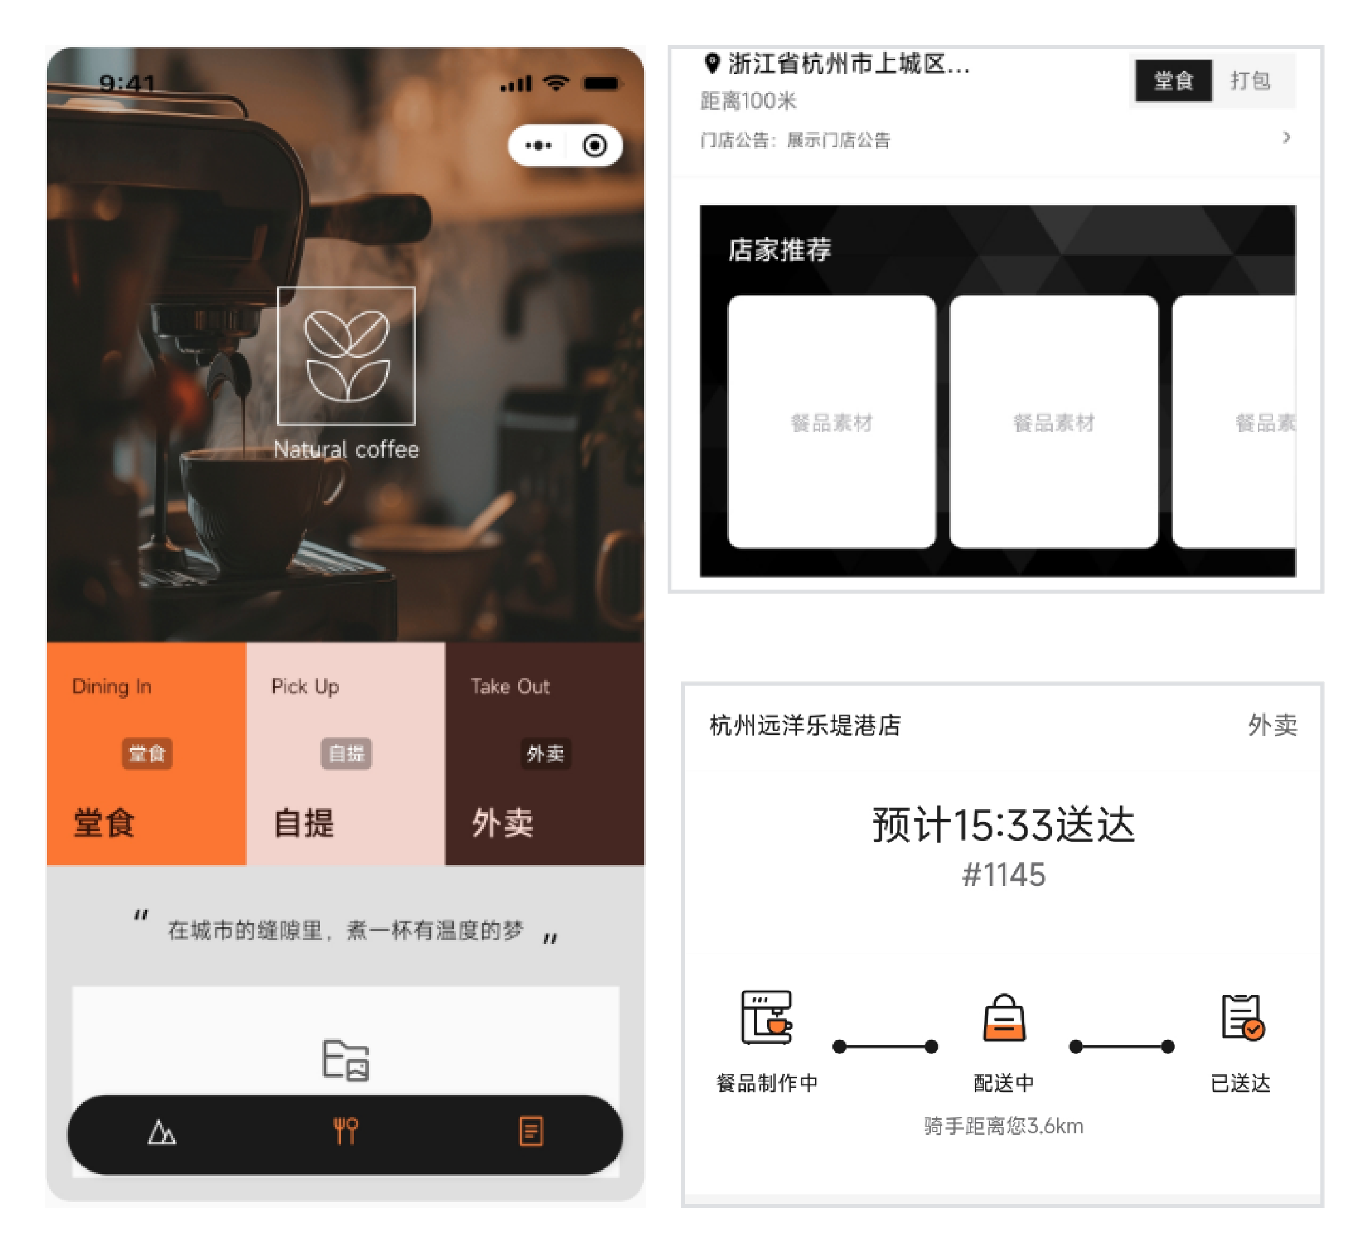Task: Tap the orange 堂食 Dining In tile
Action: coord(146,753)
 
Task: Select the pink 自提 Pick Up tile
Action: coord(346,753)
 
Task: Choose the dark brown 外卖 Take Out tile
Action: coord(545,753)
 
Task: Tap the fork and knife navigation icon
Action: coord(346,1131)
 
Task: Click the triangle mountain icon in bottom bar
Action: coord(162,1132)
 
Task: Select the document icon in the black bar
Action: coord(531,1131)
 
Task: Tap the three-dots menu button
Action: coord(538,145)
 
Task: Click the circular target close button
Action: coord(594,145)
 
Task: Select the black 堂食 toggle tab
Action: coord(1174,80)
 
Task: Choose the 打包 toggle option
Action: coord(1250,80)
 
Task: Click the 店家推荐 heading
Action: coord(779,250)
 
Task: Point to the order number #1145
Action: coord(1004,874)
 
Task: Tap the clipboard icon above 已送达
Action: coord(1242,1017)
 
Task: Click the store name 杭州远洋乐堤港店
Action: coord(805,725)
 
